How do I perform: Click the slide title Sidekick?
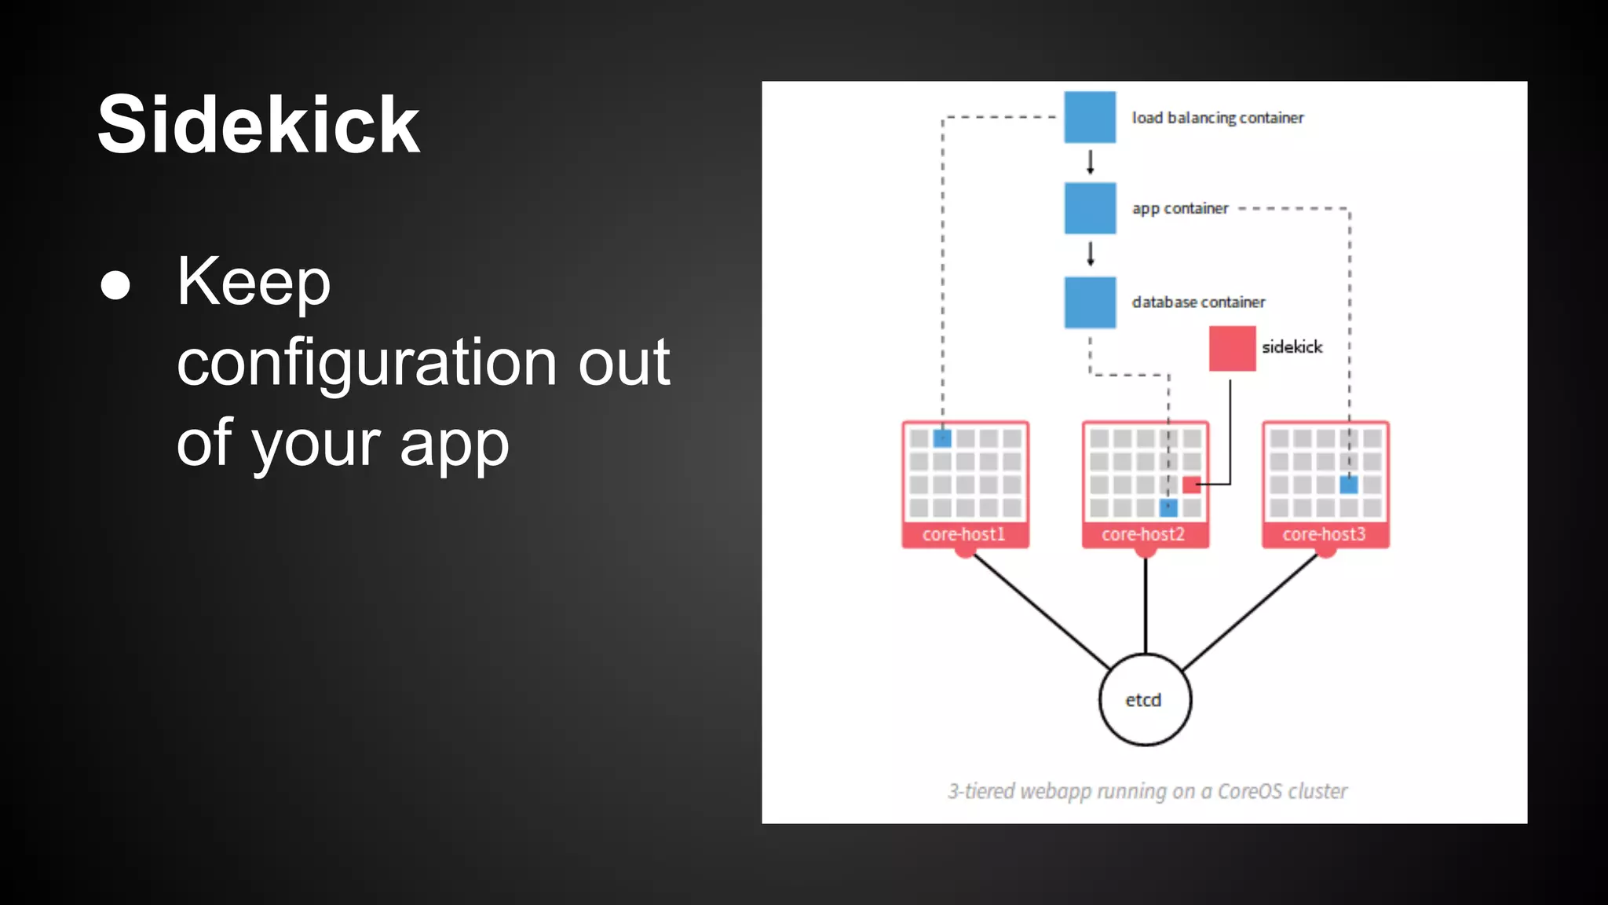click(258, 125)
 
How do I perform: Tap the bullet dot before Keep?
click(115, 285)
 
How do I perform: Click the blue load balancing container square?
click(1089, 117)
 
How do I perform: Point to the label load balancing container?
click(1217, 118)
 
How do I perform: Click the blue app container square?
click(1089, 208)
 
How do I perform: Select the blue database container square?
click(1089, 302)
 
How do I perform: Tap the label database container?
click(1198, 302)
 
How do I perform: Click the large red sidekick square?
click(1231, 348)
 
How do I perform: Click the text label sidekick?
click(1292, 347)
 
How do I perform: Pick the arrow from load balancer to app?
click(1090, 162)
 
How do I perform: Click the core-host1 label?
click(963, 534)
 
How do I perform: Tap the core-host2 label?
click(1143, 534)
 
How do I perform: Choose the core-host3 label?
click(1324, 534)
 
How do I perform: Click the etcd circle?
click(1144, 699)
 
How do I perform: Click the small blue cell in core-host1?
click(942, 438)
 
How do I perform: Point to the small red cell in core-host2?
click(1191, 484)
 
